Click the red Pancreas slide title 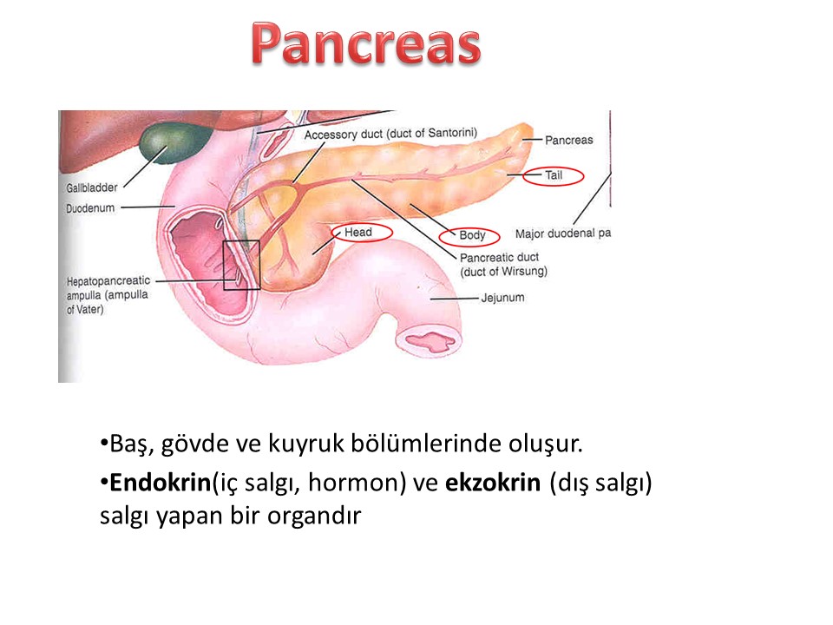tap(366, 44)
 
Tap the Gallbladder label tap(92, 187)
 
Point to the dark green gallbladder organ tap(175, 141)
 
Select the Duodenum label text tap(89, 207)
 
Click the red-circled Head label tap(358, 233)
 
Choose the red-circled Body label tap(472, 235)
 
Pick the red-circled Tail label tap(554, 175)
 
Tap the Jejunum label tap(502, 298)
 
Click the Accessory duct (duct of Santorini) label tap(390, 134)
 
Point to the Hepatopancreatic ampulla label tap(108, 295)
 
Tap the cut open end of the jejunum tap(429, 340)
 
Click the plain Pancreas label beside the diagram tap(569, 141)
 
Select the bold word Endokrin tap(160, 483)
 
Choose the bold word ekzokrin tap(493, 483)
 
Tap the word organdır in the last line tap(314, 516)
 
